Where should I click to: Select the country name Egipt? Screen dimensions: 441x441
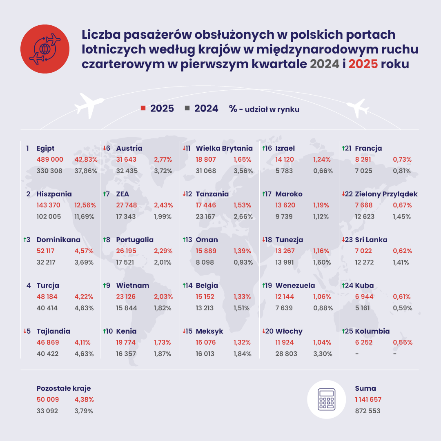45,148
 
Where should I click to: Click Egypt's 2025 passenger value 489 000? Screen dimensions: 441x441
50,160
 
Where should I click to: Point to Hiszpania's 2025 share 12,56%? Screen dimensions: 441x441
84,205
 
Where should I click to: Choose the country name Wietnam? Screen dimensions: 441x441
133,285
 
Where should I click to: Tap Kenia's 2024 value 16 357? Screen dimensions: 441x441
126,354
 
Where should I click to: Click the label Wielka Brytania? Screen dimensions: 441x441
224,148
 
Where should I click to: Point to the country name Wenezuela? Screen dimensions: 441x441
295,285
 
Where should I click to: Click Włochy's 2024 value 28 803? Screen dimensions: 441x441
286,354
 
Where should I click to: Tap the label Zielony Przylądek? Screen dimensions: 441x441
386,194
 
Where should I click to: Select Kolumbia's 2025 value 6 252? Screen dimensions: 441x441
364,343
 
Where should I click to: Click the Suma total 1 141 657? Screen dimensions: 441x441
368,400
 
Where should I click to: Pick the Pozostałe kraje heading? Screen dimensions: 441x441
64,388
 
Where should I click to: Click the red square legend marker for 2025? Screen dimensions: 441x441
143,108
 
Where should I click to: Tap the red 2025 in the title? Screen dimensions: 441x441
363,64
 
